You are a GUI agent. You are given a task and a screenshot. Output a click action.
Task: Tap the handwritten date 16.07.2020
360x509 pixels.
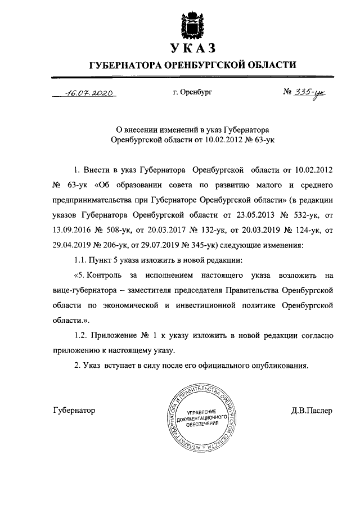coord(91,94)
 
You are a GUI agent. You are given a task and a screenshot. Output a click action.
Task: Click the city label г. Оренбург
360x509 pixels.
coord(193,91)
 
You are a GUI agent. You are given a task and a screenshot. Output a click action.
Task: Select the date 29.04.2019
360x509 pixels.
coord(73,245)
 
